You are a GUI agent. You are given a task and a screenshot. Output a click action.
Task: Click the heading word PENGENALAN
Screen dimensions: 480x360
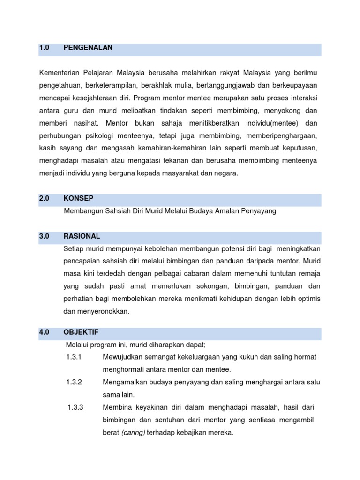click(88, 48)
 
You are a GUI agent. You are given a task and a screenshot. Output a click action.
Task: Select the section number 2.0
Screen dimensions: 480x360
click(45, 198)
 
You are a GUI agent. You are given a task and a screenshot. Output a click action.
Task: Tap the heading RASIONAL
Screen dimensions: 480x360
click(82, 236)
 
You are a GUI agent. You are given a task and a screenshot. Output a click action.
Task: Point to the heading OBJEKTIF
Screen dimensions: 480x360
click(81, 332)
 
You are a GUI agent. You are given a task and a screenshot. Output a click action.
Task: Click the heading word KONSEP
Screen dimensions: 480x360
click(78, 198)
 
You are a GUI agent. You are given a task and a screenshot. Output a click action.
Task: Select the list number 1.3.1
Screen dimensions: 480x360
click(74, 357)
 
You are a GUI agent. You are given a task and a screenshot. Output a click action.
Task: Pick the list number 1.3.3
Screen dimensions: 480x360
click(75, 407)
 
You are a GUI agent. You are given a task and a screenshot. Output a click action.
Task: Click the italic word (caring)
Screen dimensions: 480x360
click(133, 433)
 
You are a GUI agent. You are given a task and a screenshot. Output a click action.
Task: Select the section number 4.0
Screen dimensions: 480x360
click(45, 332)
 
